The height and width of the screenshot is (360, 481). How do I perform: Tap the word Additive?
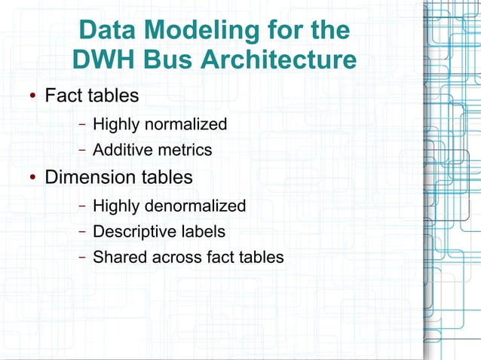pyautogui.click(x=121, y=150)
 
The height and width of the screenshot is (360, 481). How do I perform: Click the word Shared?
pyautogui.click(x=117, y=257)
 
